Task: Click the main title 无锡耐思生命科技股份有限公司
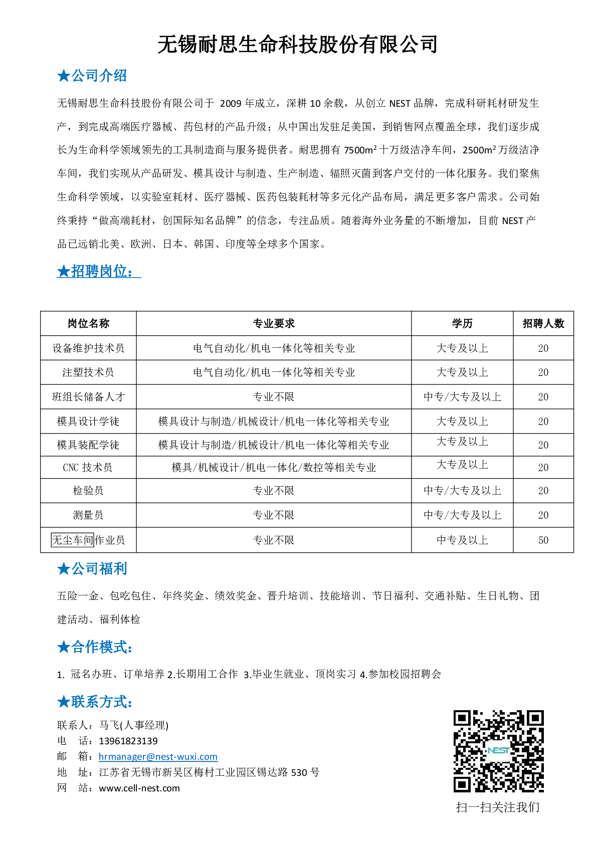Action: tap(298, 45)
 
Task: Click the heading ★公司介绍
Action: tap(92, 76)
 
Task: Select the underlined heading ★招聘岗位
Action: tap(98, 271)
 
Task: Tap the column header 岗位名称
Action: tap(88, 324)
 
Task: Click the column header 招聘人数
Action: tap(543, 324)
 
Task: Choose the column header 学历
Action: tap(462, 324)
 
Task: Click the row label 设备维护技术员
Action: tap(88, 348)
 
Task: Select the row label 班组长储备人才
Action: tap(88, 397)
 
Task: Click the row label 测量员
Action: tap(88, 515)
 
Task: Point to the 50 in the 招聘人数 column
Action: tap(543, 540)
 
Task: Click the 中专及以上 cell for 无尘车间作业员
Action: tap(462, 540)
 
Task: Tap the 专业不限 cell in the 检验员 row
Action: tap(274, 491)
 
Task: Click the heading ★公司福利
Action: tap(92, 569)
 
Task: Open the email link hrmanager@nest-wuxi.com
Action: tap(158, 757)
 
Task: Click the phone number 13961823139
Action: tap(128, 741)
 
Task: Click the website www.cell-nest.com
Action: tap(139, 788)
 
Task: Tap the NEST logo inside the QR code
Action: tap(498, 750)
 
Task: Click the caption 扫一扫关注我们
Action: tap(498, 807)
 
